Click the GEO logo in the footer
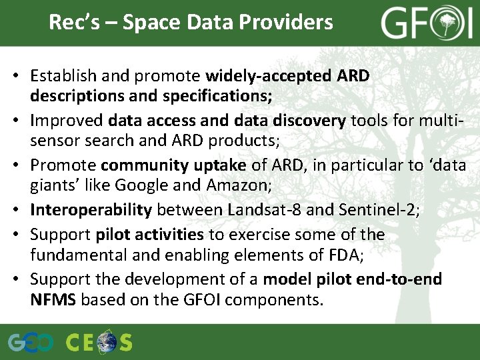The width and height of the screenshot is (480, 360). tap(31, 343)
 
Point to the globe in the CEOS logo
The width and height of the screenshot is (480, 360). tap(106, 343)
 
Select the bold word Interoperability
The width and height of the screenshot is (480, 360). tap(91, 210)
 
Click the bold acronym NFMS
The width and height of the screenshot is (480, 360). tap(53, 300)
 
